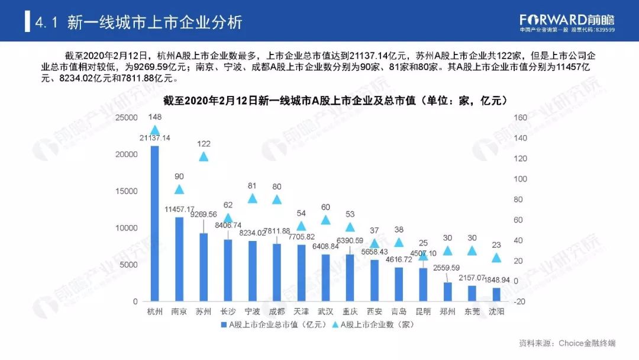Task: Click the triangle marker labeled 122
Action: [204, 157]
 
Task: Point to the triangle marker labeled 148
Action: [155, 130]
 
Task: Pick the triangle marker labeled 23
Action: [496, 258]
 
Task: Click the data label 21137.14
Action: [155, 138]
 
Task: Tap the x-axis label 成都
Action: [276, 311]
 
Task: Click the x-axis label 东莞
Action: [472, 311]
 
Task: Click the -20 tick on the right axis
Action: [521, 301]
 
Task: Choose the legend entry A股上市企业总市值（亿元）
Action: [272, 324]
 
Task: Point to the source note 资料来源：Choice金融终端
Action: [567, 343]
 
